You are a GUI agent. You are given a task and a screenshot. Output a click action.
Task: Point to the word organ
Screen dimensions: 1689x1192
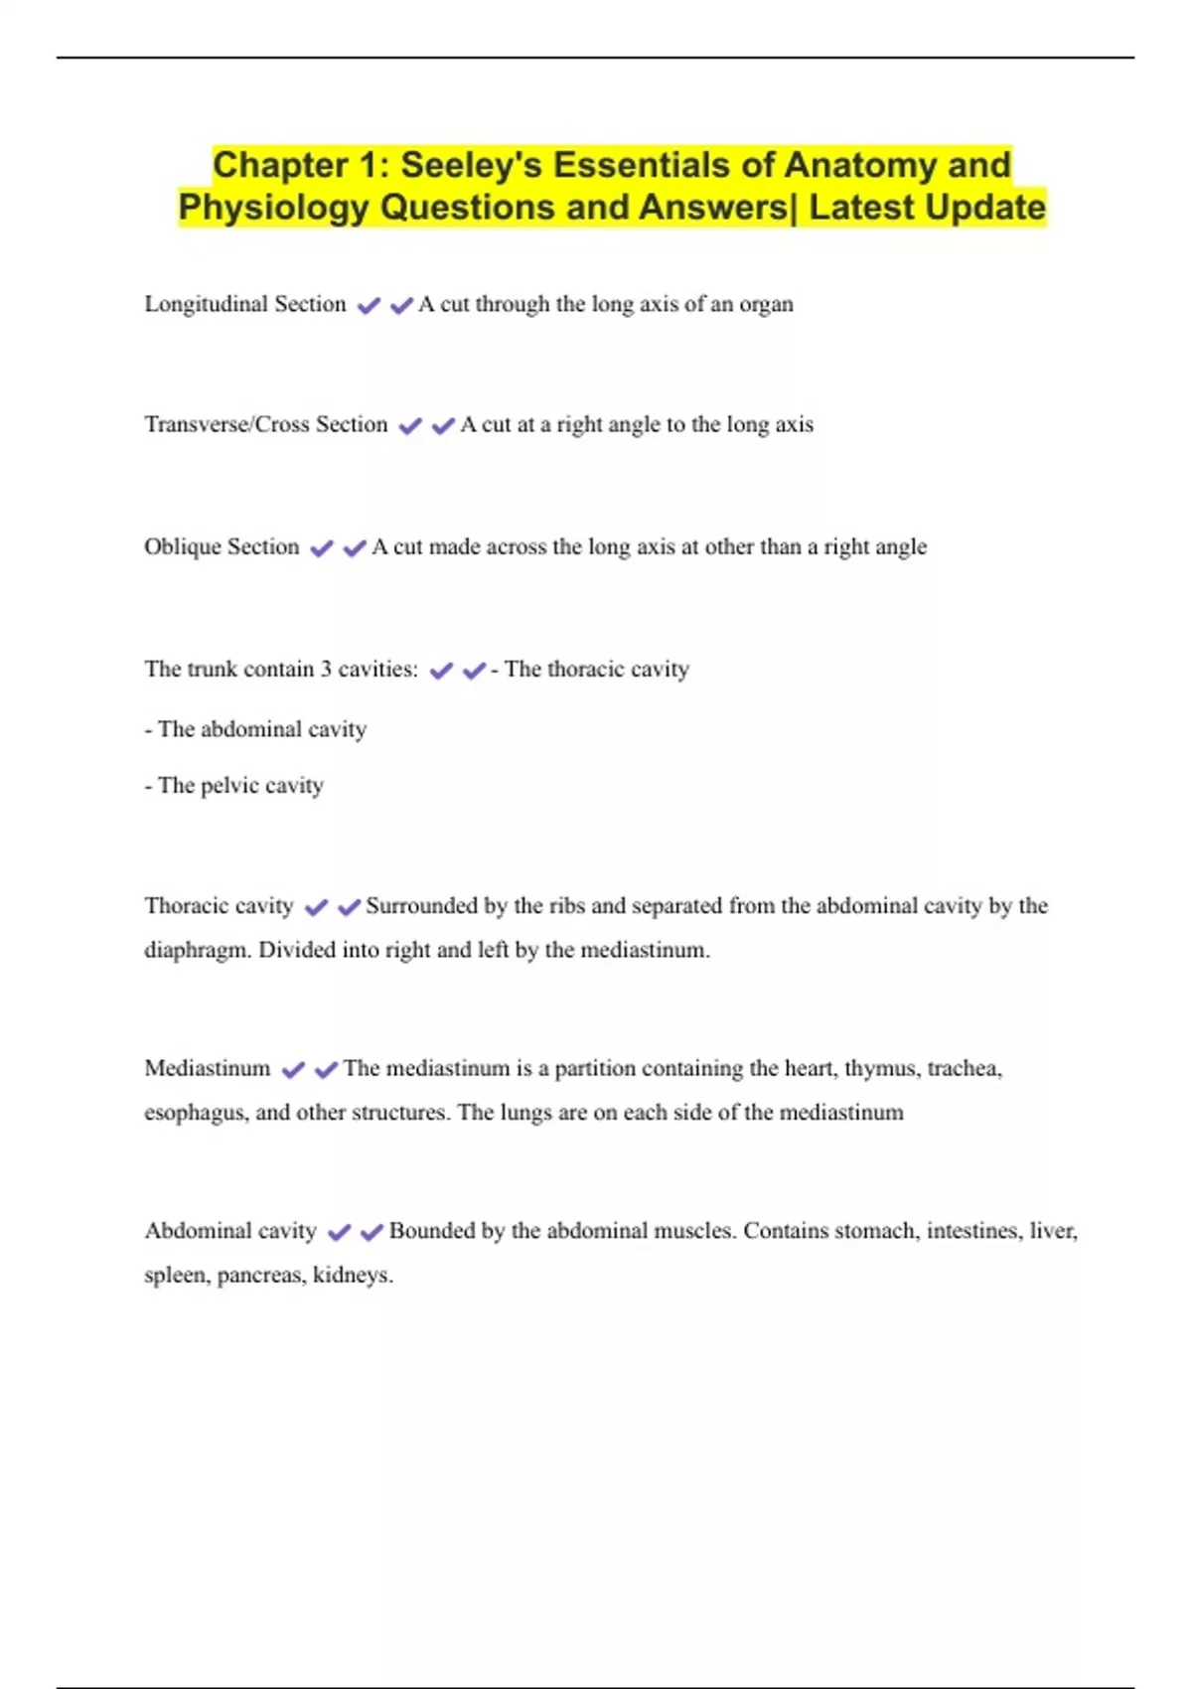click(x=766, y=305)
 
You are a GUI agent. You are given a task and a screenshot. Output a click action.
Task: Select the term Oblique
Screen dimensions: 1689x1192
click(x=180, y=546)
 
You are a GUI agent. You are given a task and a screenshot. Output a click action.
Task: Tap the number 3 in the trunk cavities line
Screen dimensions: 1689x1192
click(x=325, y=669)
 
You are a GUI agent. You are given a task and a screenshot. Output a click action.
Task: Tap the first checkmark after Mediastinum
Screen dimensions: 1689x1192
click(x=293, y=1070)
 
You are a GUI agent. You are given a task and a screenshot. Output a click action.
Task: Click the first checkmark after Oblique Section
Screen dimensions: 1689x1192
click(x=322, y=548)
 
